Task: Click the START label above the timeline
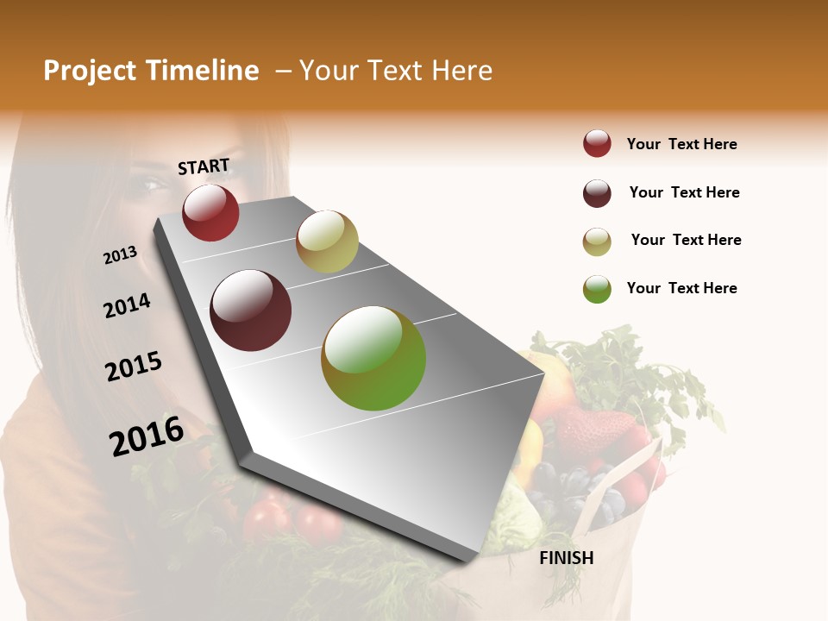click(204, 166)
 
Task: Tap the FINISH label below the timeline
click(567, 558)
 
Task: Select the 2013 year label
click(120, 255)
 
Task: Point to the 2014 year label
click(127, 306)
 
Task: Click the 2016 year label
click(147, 436)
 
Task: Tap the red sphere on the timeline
click(210, 212)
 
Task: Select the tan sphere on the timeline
click(327, 241)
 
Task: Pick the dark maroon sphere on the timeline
click(251, 310)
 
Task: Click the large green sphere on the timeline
click(373, 358)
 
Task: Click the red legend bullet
click(597, 144)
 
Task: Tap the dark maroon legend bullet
click(597, 193)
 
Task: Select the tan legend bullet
click(597, 241)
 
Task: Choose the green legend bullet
click(597, 289)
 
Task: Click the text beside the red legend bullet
click(681, 144)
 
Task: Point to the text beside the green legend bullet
click(681, 288)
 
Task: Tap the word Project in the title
click(90, 72)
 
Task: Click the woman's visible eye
click(152, 184)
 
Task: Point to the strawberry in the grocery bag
click(595, 431)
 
